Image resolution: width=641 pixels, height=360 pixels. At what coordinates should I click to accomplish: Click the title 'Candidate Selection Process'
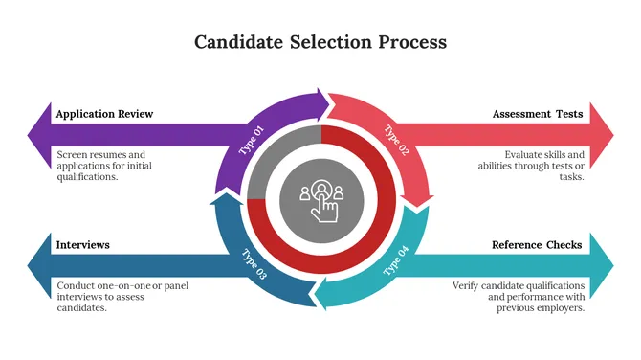click(x=320, y=42)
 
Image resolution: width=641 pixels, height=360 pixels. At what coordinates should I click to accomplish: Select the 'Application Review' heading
click(x=104, y=114)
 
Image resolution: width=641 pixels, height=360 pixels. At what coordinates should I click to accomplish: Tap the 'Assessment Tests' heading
click(x=538, y=114)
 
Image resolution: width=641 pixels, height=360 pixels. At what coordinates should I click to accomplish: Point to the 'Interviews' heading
click(x=83, y=244)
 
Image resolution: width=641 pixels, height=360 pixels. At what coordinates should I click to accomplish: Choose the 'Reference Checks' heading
click(x=537, y=244)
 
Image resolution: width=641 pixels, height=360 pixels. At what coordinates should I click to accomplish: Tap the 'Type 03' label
click(x=254, y=261)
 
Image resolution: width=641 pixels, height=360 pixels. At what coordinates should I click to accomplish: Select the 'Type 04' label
click(x=396, y=260)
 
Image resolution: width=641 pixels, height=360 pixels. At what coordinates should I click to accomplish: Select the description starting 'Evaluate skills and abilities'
click(x=531, y=165)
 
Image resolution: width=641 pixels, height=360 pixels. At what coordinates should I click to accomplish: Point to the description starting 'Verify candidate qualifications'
click(x=519, y=296)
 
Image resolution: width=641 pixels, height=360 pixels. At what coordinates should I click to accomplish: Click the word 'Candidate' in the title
click(x=237, y=42)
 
